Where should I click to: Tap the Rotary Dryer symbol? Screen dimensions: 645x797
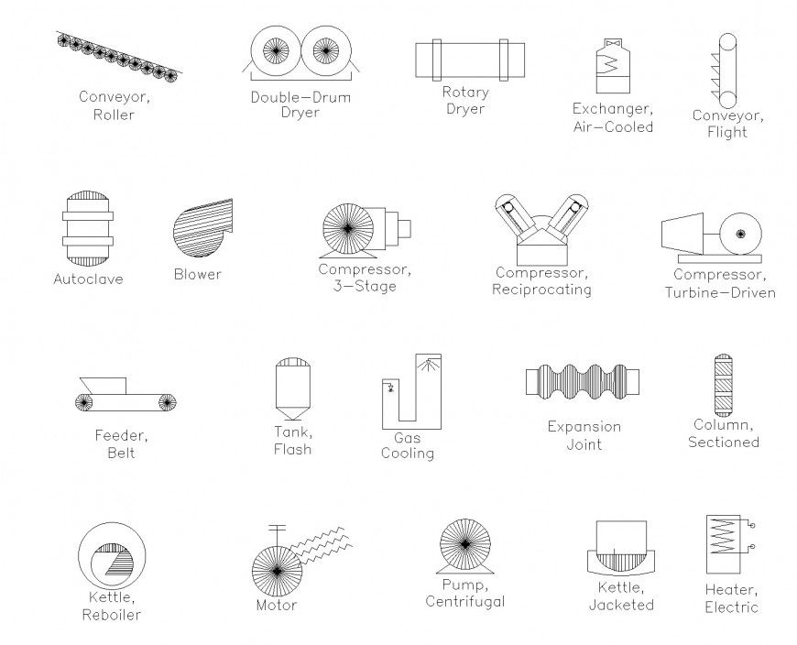click(x=462, y=60)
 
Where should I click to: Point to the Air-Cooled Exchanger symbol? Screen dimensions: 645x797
click(x=613, y=65)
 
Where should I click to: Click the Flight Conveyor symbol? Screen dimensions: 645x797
click(x=729, y=69)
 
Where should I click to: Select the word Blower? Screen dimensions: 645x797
click(x=198, y=274)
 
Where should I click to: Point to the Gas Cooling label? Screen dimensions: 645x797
click(x=408, y=445)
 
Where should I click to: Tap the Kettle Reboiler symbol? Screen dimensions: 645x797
click(x=109, y=558)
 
